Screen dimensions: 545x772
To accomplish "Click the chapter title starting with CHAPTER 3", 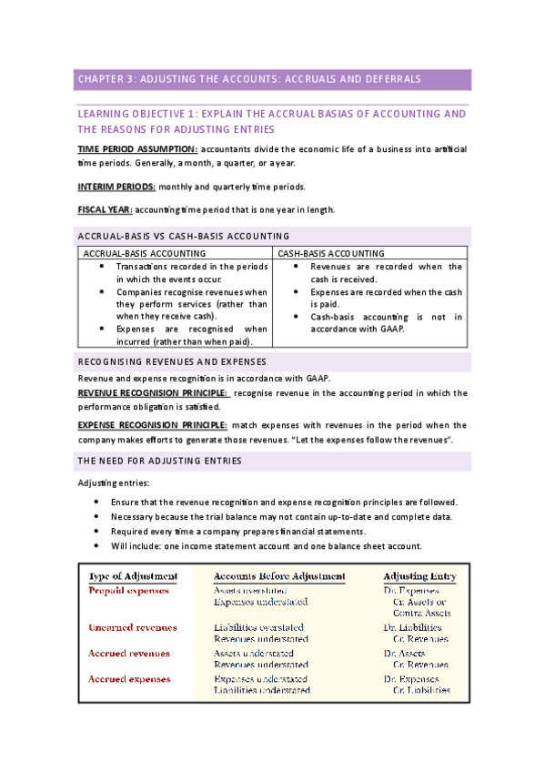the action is [248, 79].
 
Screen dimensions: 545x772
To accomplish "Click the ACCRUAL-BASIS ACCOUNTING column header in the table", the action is [144, 252].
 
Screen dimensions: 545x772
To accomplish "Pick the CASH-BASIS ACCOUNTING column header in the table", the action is [330, 252].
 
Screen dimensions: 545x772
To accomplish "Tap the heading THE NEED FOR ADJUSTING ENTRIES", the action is [159, 461].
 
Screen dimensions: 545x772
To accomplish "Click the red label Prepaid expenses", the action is [128, 591].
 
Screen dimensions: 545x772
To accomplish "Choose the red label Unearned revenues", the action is [133, 627].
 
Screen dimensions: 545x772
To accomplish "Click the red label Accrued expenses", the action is [131, 679].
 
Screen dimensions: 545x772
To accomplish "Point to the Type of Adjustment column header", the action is [133, 576].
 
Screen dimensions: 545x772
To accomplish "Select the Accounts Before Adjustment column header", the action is [279, 576].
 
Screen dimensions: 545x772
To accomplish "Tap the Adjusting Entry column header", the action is [419, 576].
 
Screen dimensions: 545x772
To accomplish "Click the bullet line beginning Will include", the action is [266, 546].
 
